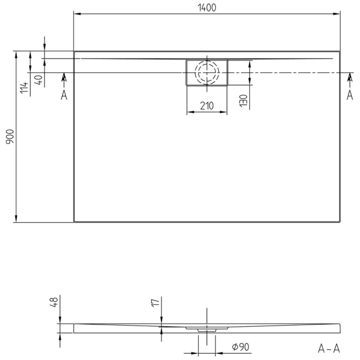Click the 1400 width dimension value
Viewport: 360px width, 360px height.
[207, 7]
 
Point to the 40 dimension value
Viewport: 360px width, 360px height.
[38, 80]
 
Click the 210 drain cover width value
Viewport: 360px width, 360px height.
[207, 106]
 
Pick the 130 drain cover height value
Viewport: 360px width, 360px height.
[244, 100]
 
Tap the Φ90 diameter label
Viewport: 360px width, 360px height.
[240, 348]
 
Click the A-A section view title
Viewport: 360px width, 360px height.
[328, 349]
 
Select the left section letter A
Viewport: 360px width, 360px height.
[64, 95]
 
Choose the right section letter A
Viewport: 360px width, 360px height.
[350, 95]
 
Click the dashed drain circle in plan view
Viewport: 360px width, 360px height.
[207, 73]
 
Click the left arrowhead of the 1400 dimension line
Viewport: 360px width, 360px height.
[77, 13]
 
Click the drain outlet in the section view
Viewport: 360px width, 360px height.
[207, 328]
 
